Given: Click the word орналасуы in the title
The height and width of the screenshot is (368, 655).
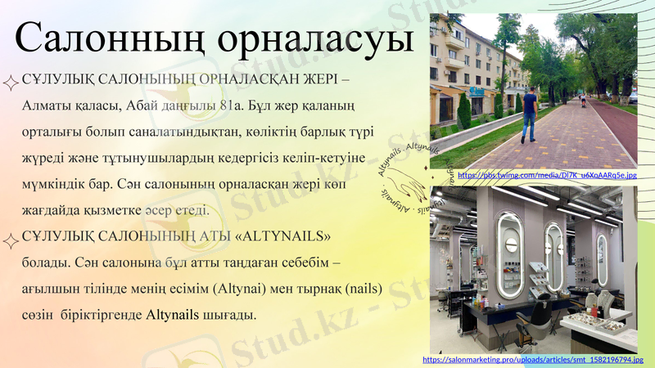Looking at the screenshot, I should tap(316, 40).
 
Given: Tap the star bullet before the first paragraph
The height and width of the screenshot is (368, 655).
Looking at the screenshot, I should tap(11, 81).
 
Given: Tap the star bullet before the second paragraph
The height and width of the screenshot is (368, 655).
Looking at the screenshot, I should tap(11, 238).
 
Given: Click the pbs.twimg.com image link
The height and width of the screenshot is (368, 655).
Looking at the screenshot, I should tap(547, 175).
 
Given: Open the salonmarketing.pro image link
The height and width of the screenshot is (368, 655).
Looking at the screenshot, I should tap(533, 359).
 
